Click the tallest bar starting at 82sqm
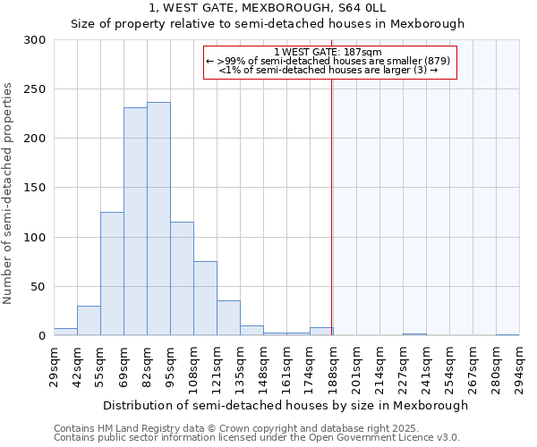(158, 219)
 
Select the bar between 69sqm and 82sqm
(135, 222)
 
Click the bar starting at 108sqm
(205, 299)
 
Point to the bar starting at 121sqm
(228, 318)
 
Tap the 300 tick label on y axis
(35, 40)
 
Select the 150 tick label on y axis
(35, 188)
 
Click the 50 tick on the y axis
(38, 287)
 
